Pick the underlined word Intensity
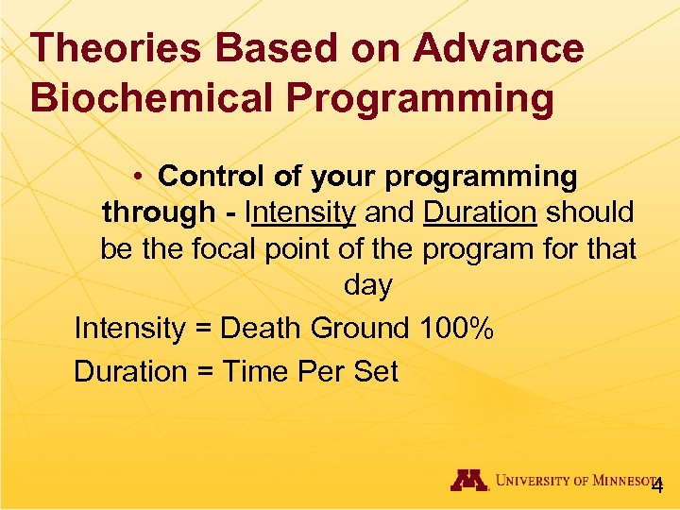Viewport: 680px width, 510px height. pos(300,213)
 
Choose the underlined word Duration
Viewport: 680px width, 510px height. pos(480,213)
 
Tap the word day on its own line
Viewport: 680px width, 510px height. pos(368,286)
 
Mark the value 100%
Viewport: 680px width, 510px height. pos(456,329)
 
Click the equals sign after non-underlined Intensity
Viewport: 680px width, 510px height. pos(204,330)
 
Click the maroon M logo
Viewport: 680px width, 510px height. pos(469,480)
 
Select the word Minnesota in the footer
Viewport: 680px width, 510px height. pos(619,481)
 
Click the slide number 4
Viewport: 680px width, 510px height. pos(657,485)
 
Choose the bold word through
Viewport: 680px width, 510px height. pos(159,213)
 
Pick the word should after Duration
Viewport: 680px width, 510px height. pos(590,213)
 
